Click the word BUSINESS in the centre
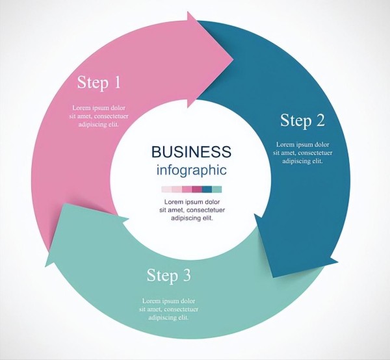[x=191, y=152]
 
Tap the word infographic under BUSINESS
[x=191, y=171]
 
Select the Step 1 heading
[x=99, y=83]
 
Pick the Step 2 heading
[x=302, y=120]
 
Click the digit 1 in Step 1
[x=117, y=83]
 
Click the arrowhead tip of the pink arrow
[x=233, y=59]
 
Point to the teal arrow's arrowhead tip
[x=46, y=266]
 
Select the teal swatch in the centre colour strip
[x=217, y=190]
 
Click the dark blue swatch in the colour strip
[x=207, y=190]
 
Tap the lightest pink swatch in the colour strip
[x=166, y=190]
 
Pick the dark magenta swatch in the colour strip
[x=196, y=190]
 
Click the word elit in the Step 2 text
[x=317, y=161]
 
